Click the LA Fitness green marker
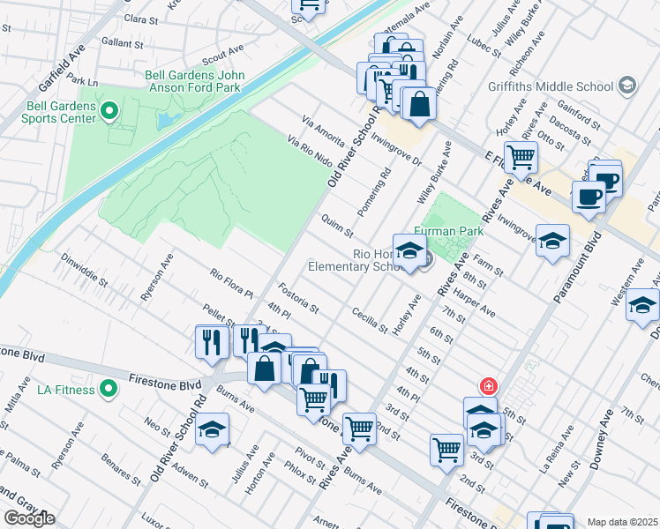point(109,388)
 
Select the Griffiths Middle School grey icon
point(627,86)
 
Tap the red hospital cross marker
point(487,386)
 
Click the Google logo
point(29,518)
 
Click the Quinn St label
point(337,227)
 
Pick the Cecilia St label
point(370,319)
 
